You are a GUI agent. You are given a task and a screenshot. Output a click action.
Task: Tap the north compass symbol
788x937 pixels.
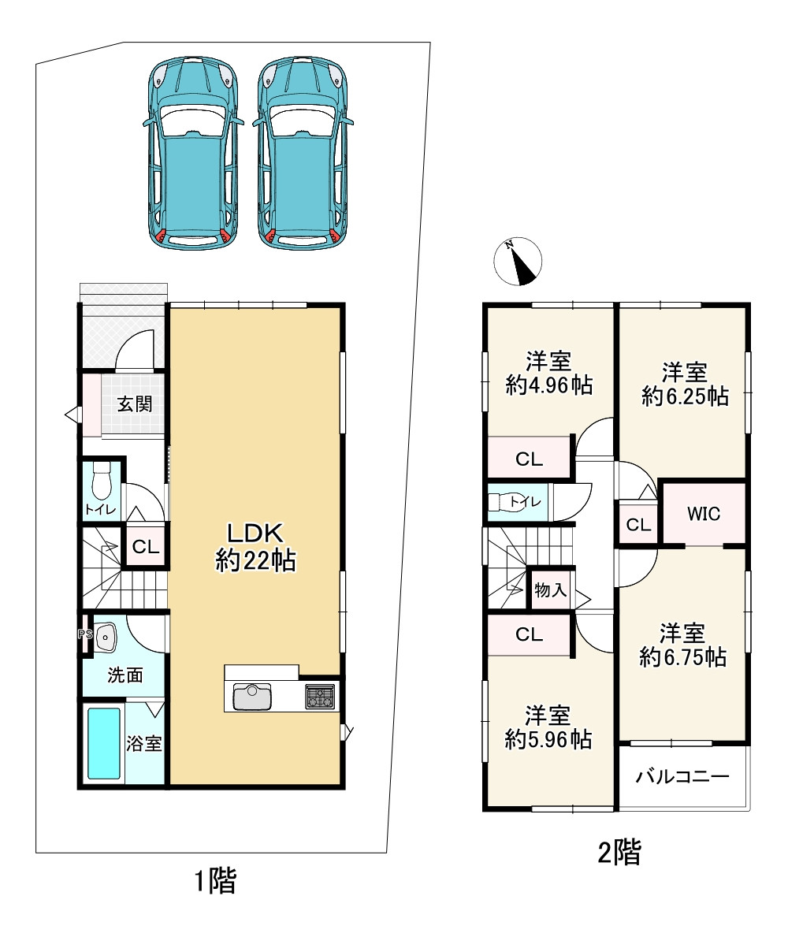click(518, 261)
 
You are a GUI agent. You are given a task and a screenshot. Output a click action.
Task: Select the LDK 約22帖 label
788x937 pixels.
click(255, 547)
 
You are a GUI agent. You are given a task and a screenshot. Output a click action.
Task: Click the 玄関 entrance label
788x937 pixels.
click(135, 404)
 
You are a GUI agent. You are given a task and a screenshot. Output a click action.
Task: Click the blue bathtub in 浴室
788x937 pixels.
click(104, 743)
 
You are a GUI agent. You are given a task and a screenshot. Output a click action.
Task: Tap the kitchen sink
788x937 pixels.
click(251, 697)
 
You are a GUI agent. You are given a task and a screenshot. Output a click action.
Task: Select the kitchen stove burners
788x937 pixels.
click(320, 696)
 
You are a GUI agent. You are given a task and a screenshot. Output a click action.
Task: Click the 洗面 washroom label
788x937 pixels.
click(125, 675)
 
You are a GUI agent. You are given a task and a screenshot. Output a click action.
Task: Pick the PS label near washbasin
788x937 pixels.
click(85, 634)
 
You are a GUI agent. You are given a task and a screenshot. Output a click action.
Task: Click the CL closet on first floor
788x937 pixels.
click(146, 546)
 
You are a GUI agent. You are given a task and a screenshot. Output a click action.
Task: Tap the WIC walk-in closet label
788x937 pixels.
click(703, 513)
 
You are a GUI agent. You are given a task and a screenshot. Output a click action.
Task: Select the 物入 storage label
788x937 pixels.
click(550, 589)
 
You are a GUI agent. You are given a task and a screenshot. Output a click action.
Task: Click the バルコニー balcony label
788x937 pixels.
click(682, 776)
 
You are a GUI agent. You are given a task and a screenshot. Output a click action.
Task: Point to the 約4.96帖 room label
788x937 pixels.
click(549, 385)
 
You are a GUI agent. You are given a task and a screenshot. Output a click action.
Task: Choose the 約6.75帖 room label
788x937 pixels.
click(683, 657)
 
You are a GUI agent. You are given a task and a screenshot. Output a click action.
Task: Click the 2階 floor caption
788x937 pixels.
click(619, 852)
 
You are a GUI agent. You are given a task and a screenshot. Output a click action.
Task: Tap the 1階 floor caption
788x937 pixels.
click(216, 880)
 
